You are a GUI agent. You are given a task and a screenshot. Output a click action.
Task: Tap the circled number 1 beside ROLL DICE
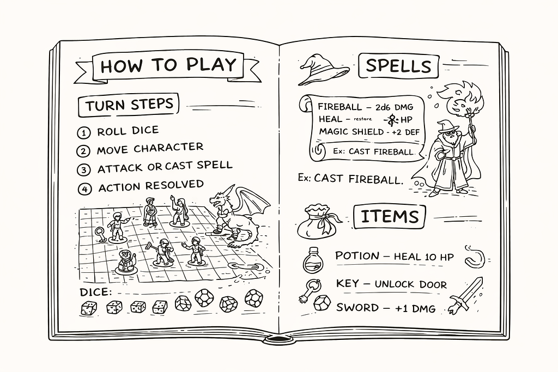[x=83, y=133]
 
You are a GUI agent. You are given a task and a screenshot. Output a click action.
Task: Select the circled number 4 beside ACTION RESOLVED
[x=84, y=188]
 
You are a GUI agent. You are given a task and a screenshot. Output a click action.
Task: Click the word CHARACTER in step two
[x=168, y=148]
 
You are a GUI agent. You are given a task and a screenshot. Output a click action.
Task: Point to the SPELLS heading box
[x=398, y=65]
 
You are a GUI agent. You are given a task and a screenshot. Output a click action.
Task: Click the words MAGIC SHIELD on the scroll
[x=351, y=132]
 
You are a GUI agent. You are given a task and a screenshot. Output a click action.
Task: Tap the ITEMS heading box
[x=389, y=217]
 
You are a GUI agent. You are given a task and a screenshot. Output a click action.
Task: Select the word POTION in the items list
[x=357, y=255]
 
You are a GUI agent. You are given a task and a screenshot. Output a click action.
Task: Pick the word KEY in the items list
[x=347, y=283]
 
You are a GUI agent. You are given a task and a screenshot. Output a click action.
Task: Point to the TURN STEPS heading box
[x=129, y=105]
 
